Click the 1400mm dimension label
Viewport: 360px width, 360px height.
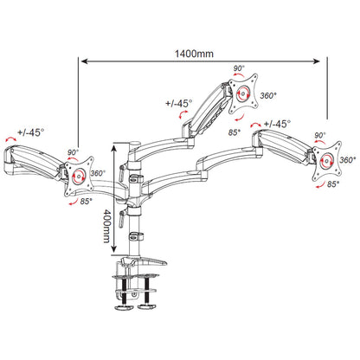coord(194,54)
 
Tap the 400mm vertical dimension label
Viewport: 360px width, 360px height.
coord(106,226)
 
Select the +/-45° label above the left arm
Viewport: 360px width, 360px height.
coord(31,132)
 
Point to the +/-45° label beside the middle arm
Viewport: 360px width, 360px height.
coord(179,103)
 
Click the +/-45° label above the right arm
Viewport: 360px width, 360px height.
coord(277,124)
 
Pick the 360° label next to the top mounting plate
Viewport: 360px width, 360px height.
coord(268,95)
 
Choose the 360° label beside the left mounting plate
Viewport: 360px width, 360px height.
coord(98,173)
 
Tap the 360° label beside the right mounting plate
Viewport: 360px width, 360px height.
coord(347,160)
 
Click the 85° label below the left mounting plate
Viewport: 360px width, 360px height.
coord(86,201)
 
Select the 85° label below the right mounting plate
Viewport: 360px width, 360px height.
coord(333,183)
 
